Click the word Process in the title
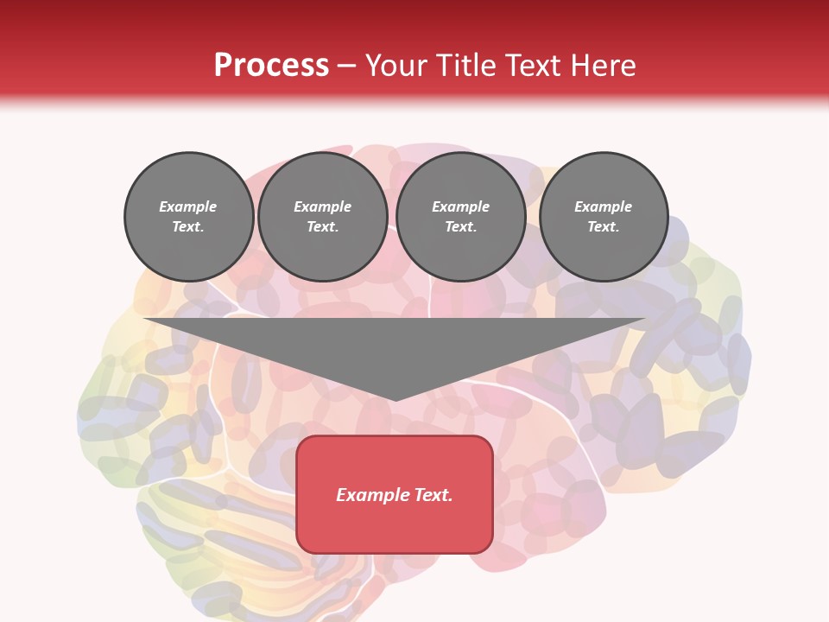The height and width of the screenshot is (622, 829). coord(271,66)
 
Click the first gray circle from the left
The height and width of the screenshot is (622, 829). coord(188,217)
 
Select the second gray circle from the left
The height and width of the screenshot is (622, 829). coord(322,217)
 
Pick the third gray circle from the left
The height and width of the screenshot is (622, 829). coord(460,217)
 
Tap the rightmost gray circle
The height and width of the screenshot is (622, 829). coord(603,217)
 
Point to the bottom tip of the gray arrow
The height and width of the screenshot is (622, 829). coord(395,399)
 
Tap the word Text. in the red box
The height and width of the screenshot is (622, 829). coord(432,495)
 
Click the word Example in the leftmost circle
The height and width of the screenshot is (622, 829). coord(188,206)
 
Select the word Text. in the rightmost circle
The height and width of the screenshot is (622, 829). coord(603,227)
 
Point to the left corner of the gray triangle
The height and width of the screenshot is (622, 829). coord(145,320)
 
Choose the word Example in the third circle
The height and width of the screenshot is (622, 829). coord(460,206)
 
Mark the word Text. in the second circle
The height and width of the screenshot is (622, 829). coord(322,227)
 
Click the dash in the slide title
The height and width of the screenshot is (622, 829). coord(346,66)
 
